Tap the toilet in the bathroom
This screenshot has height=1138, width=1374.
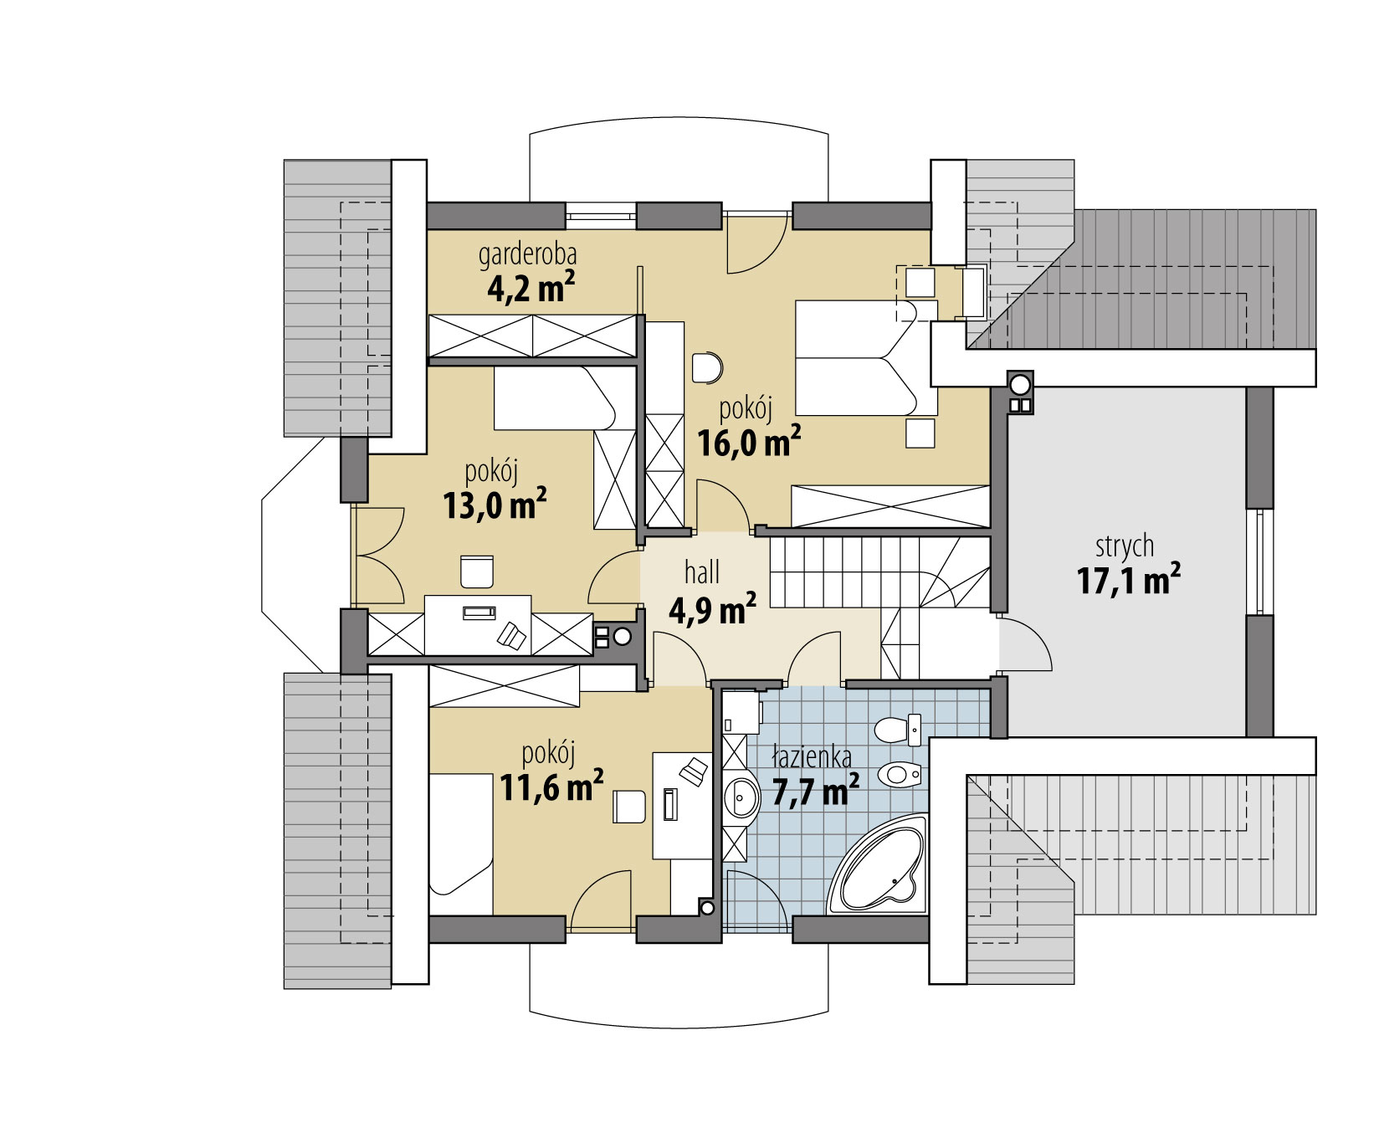click(897, 730)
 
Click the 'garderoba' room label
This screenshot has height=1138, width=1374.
click(527, 254)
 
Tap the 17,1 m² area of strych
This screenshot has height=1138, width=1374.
click(1129, 579)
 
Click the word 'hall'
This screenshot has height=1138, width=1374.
click(701, 573)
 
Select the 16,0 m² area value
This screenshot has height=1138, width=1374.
click(749, 441)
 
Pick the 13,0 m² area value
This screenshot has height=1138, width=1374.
click(495, 505)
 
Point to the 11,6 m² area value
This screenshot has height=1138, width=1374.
click(551, 787)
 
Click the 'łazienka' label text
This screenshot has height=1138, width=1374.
click(812, 757)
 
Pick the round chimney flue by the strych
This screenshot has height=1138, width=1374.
click(1020, 384)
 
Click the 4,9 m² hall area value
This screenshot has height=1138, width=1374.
click(713, 609)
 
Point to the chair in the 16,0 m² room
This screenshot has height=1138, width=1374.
click(708, 367)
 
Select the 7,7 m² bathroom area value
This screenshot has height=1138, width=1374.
click(815, 791)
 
